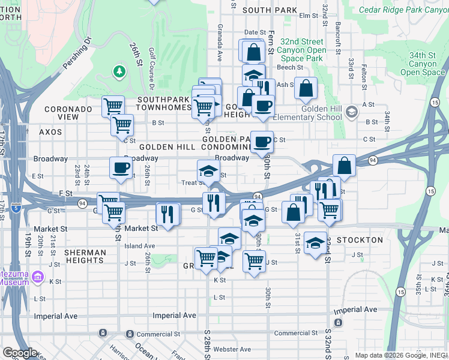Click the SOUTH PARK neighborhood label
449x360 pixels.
[270, 10]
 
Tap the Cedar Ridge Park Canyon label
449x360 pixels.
[403, 10]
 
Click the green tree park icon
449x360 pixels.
[120, 73]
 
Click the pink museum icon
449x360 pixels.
[38, 277]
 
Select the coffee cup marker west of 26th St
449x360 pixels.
[121, 168]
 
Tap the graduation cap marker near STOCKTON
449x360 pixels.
[316, 243]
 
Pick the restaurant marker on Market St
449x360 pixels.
[167, 214]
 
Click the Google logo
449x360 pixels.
[20, 353]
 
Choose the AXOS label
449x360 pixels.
[50, 131]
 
